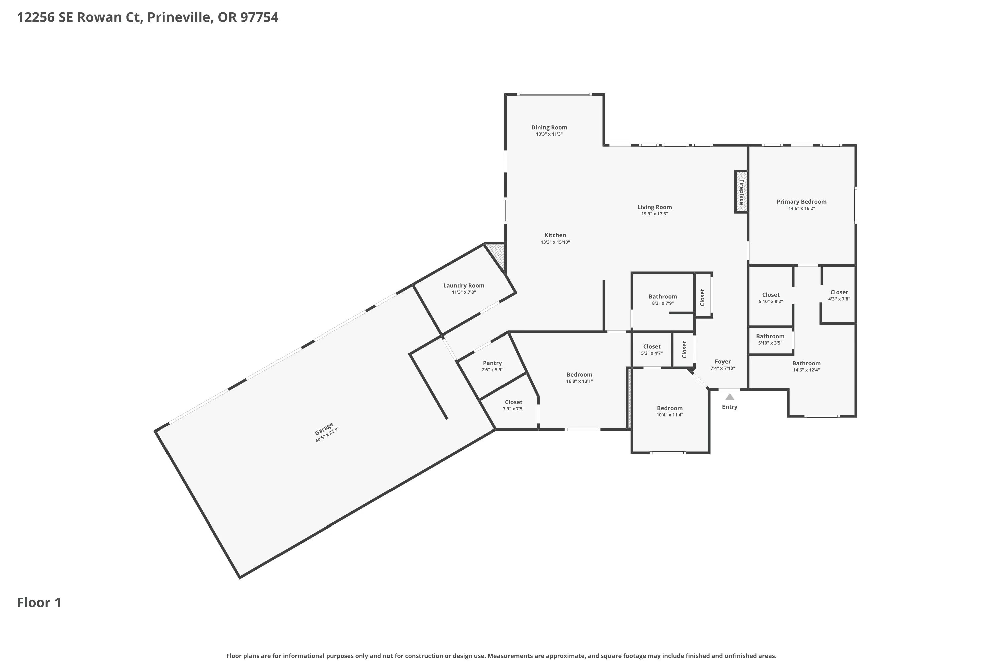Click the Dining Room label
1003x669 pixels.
[x=549, y=127]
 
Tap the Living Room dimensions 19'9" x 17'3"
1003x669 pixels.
[x=654, y=214]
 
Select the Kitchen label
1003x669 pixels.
[x=555, y=235]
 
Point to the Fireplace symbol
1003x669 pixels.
[x=741, y=192]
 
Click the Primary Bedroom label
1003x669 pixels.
[x=801, y=202]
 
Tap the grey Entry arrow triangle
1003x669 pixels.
[x=730, y=397]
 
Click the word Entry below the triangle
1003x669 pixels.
[x=730, y=407]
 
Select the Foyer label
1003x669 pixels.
[x=722, y=361]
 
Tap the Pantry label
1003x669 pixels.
[x=492, y=363]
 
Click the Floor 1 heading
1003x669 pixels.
[x=39, y=602]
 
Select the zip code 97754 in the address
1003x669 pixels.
[x=259, y=17]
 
